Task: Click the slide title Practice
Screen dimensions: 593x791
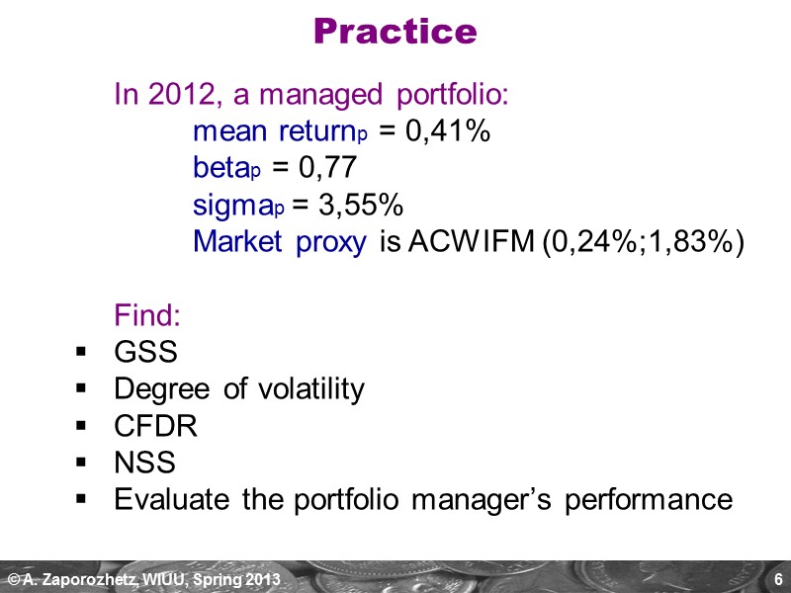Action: (395, 32)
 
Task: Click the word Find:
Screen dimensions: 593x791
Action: (148, 316)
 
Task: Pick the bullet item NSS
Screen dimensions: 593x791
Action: (144, 463)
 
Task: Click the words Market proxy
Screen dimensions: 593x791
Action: (280, 242)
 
